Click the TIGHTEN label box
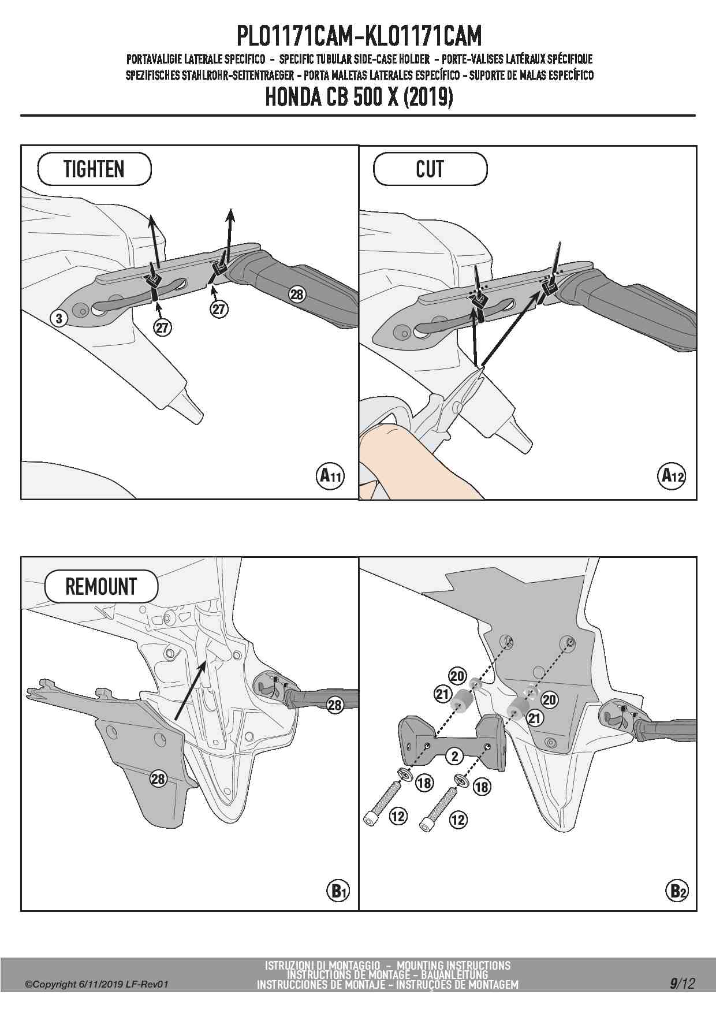pyautogui.click(x=94, y=169)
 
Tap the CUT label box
pyautogui.click(x=430, y=169)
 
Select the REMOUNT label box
pyautogui.click(x=101, y=586)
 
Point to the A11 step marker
pyautogui.click(x=331, y=476)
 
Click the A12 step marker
pyautogui.click(x=672, y=476)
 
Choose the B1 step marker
pyautogui.click(x=337, y=891)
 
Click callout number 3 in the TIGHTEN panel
pyautogui.click(x=58, y=318)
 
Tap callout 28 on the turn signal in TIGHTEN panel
pyautogui.click(x=296, y=295)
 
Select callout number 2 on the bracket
pyautogui.click(x=454, y=755)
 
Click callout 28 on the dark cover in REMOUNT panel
pyautogui.click(x=158, y=779)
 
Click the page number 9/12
pyautogui.click(x=682, y=983)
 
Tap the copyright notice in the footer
pyautogui.click(x=96, y=984)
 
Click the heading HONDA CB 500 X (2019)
pyautogui.click(x=358, y=97)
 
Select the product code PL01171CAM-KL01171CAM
pyautogui.click(x=358, y=36)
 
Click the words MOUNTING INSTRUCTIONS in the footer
pyautogui.click(x=453, y=965)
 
